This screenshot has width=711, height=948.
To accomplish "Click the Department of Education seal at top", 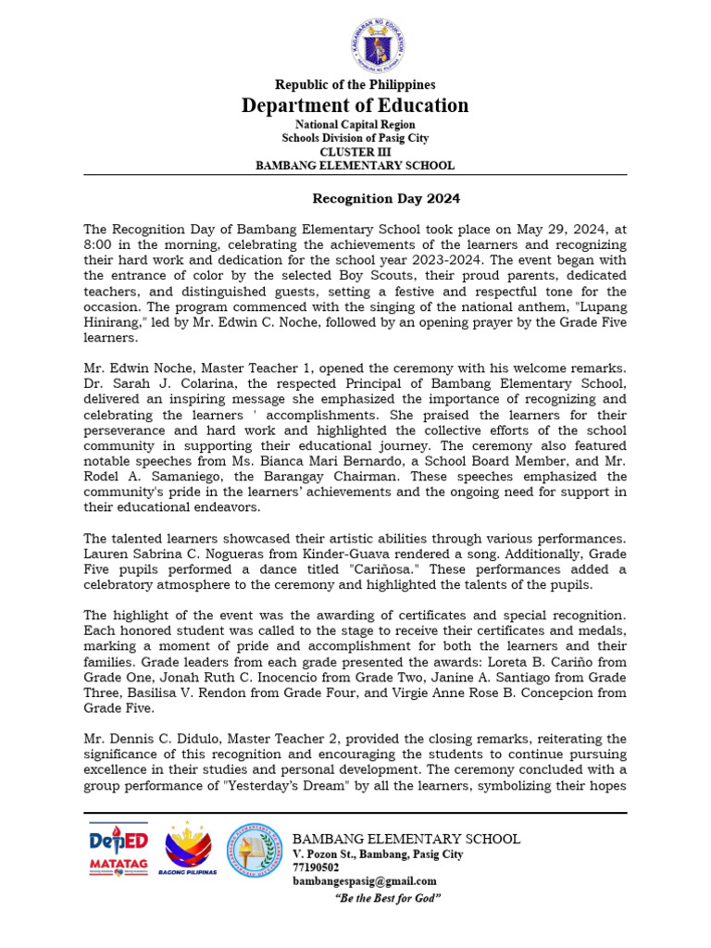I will point(355,40).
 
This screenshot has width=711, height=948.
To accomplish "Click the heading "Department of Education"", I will point(355,106).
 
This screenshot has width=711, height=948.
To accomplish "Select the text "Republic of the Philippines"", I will point(355,85).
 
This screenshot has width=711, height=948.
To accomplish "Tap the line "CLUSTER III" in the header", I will point(355,152).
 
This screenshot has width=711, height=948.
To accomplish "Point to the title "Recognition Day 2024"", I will point(384,198).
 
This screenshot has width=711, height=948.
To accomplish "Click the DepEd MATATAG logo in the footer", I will point(118,849).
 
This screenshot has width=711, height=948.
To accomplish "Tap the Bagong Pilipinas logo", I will point(188,849).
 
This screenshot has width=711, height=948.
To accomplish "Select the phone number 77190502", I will point(315,867).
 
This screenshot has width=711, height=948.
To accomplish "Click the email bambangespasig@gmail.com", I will point(365,881).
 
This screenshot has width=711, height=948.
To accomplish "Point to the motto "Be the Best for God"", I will point(387,898).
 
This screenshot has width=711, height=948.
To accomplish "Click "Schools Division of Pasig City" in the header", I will point(355,138).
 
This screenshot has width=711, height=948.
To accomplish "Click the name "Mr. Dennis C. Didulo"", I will point(148,739).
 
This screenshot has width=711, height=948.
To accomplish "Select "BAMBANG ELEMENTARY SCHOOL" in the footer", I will point(406,839).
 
